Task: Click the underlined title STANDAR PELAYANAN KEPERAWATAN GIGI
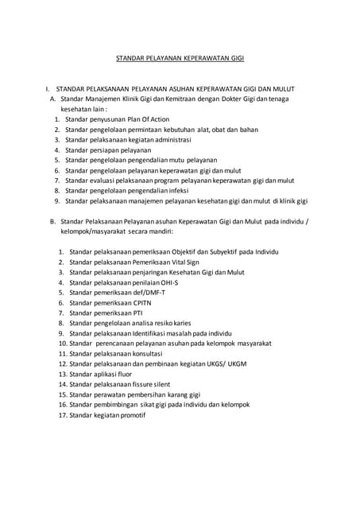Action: click(180, 58)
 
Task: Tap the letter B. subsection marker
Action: click(52, 221)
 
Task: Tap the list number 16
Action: click(62, 405)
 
